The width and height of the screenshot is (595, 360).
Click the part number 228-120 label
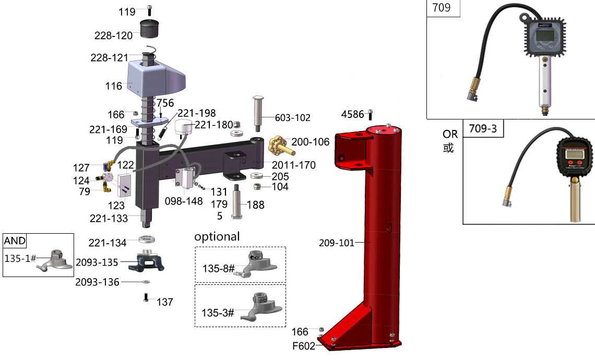click(113, 35)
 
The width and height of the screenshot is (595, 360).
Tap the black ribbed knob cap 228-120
click(149, 29)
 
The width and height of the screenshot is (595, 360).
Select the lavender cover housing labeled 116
click(156, 80)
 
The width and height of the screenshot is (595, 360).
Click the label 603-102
click(293, 118)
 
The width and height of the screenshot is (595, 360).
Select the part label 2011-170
click(294, 165)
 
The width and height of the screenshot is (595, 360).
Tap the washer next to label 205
click(258, 176)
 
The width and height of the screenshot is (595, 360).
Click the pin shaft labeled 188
click(237, 202)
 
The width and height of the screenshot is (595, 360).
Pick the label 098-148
click(184, 201)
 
